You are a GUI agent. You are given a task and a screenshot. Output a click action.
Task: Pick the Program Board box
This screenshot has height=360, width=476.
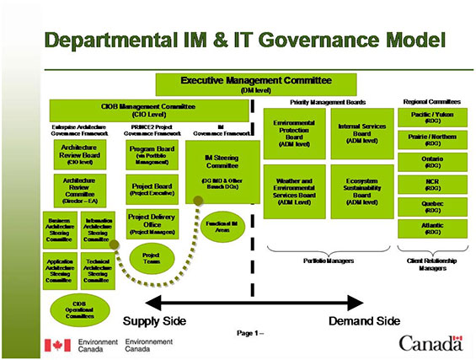point(153,154)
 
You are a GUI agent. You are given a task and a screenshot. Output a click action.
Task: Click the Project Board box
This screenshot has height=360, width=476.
point(153,190)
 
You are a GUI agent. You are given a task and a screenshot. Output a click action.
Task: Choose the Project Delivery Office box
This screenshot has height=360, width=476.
point(152,223)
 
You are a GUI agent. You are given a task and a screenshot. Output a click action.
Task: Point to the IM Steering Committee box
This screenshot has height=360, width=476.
point(223,171)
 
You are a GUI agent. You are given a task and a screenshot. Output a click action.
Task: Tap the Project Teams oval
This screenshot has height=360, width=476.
point(152,258)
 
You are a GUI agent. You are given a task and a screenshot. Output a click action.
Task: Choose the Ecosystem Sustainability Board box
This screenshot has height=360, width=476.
point(361,192)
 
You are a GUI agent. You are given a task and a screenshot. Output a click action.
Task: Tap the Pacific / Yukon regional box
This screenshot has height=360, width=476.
point(433,117)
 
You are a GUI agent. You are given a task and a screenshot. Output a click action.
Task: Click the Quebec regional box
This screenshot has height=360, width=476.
point(433,207)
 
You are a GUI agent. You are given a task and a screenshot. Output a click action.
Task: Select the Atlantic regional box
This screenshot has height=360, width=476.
point(433,228)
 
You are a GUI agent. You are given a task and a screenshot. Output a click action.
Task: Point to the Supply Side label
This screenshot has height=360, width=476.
point(154,321)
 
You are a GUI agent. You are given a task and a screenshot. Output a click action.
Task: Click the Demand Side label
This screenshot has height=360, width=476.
point(364,321)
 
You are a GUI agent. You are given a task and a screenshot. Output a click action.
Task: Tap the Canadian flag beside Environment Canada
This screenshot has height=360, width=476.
point(57,344)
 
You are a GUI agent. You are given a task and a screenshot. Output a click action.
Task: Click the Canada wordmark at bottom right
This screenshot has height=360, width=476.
point(430,343)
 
